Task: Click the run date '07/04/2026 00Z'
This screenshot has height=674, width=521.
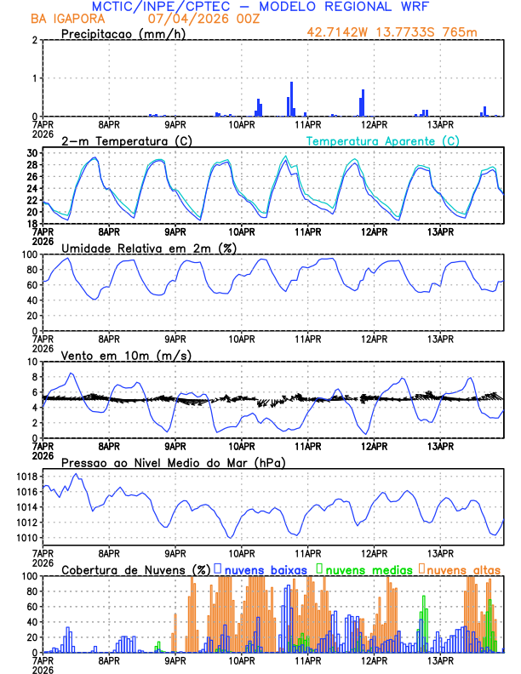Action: tap(191, 19)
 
